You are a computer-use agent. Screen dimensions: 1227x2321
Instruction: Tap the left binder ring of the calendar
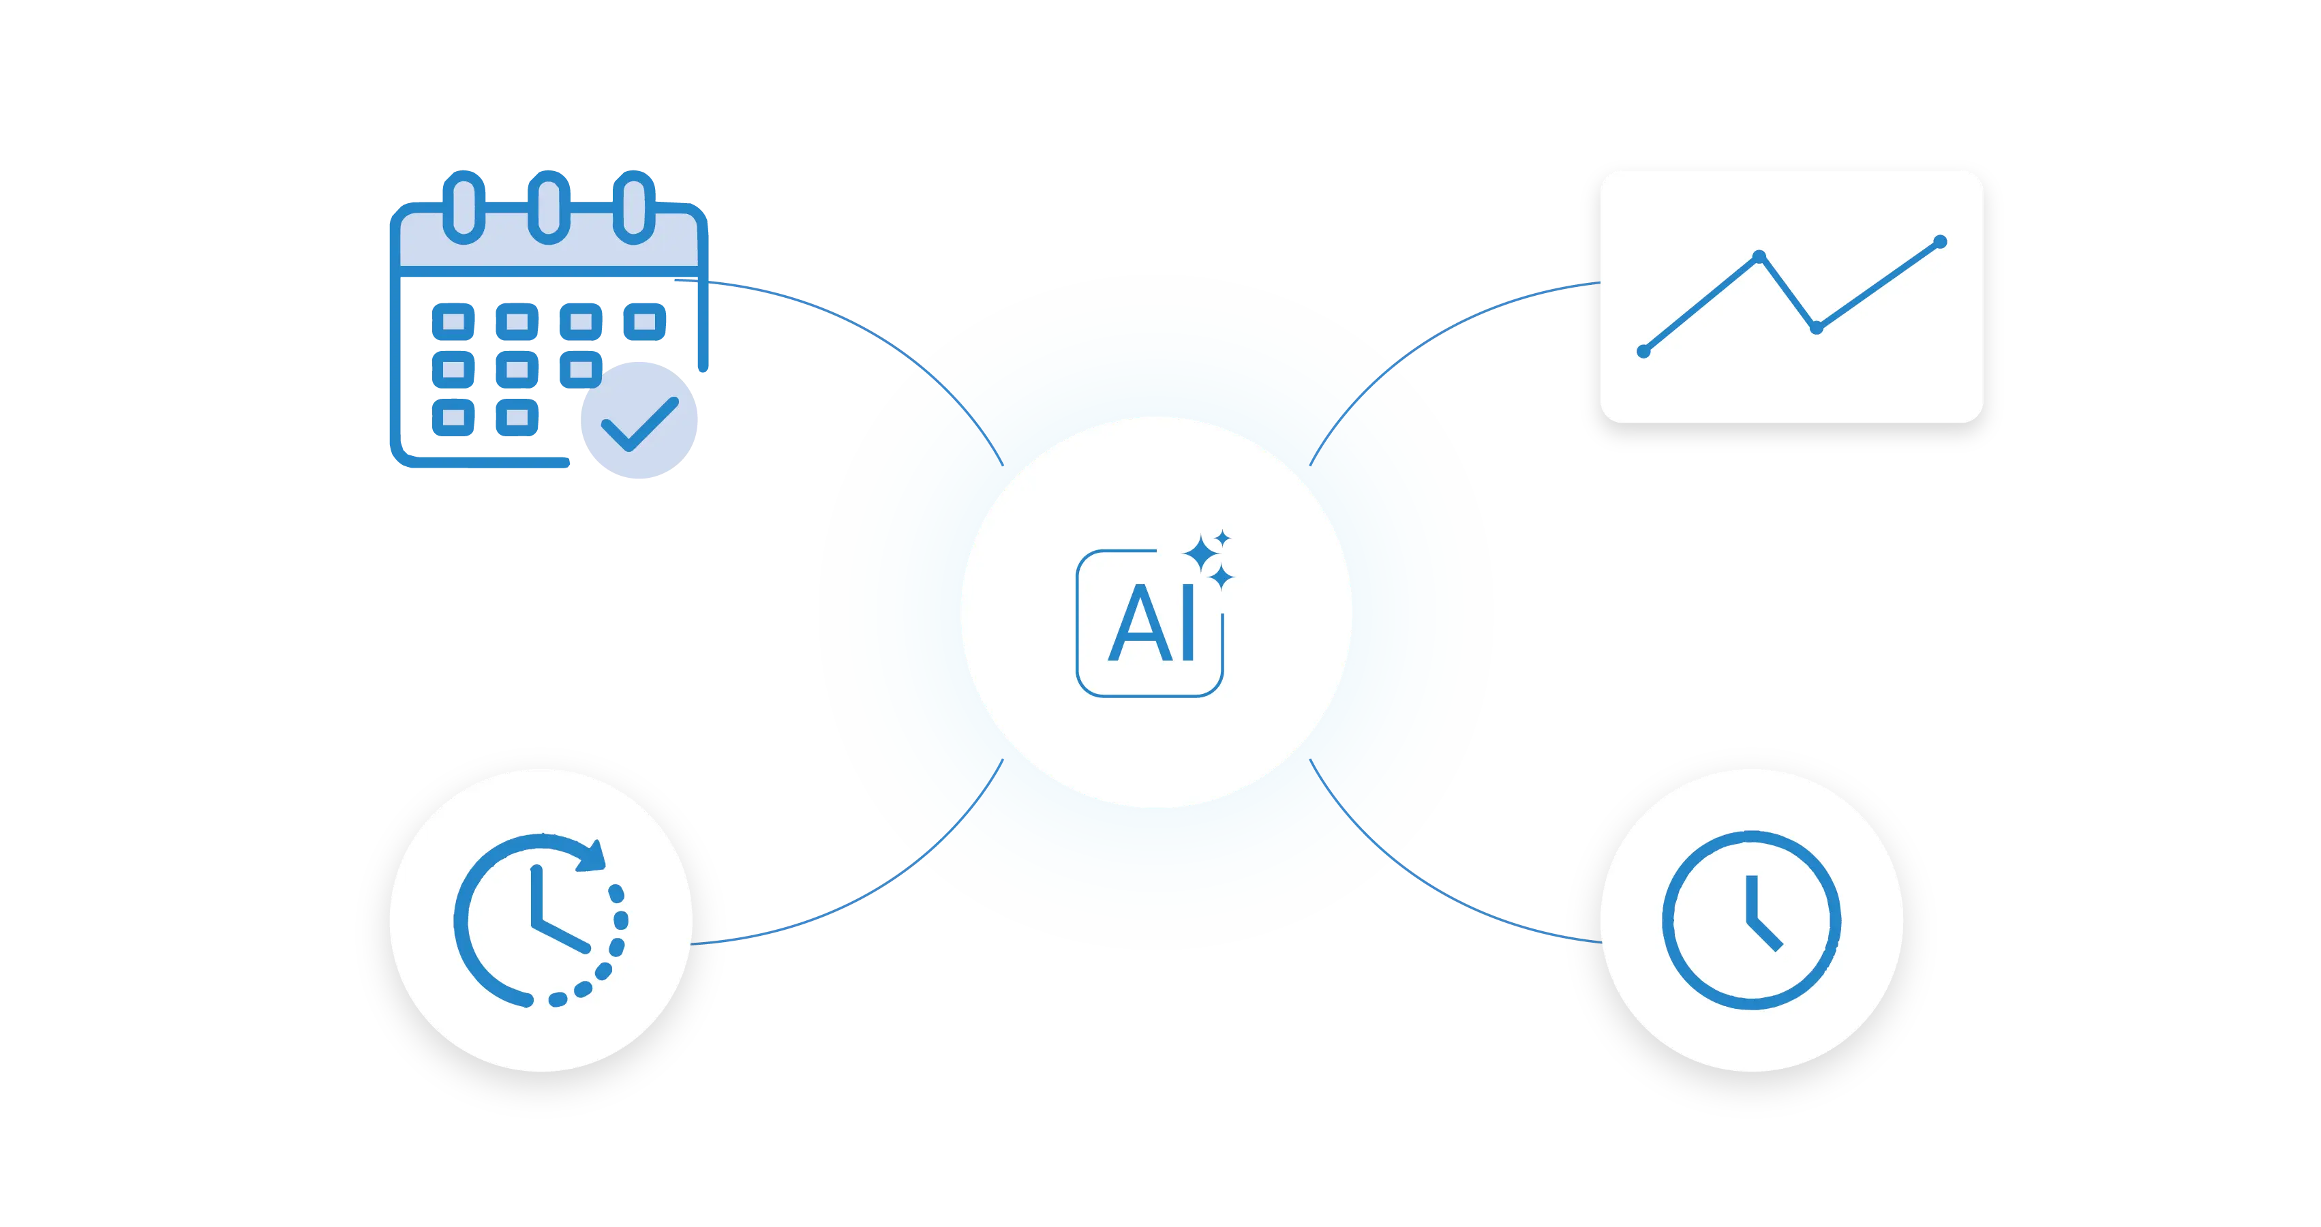pyautogui.click(x=465, y=207)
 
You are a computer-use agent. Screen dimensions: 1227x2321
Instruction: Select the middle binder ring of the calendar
pyautogui.click(x=549, y=207)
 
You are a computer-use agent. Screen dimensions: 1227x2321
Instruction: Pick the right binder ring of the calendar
pyautogui.click(x=635, y=207)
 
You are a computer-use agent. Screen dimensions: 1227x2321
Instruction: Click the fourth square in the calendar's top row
pyautogui.click(x=645, y=322)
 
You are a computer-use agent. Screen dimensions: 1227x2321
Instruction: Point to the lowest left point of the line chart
pyautogui.click(x=1643, y=351)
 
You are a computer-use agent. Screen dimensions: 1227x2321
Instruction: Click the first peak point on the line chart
pyautogui.click(x=1759, y=257)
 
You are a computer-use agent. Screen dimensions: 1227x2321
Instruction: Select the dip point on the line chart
pyautogui.click(x=1817, y=328)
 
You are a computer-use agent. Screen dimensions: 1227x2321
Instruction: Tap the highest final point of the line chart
pyautogui.click(x=1941, y=241)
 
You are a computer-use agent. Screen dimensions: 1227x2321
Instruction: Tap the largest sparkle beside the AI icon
pyautogui.click(x=1202, y=552)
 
